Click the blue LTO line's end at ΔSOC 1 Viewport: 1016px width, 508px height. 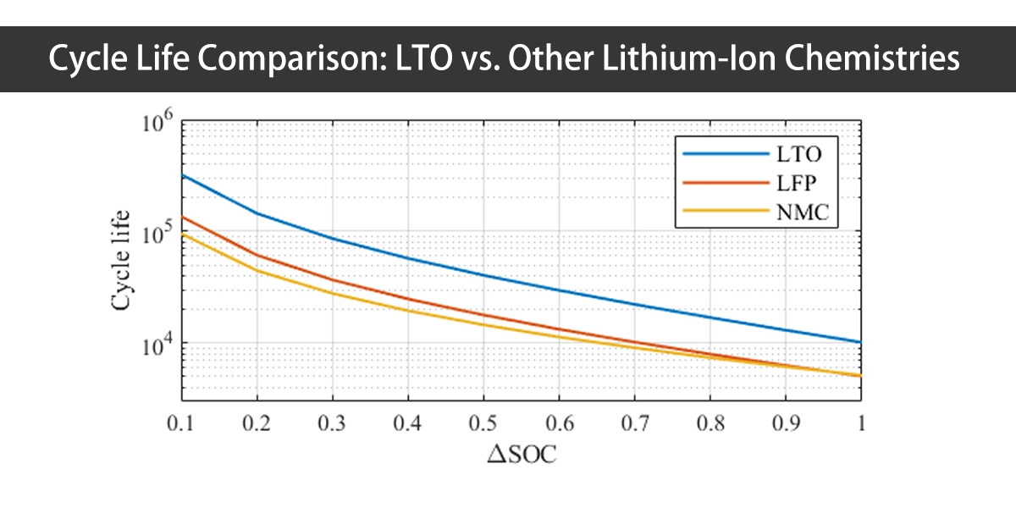pos(861,342)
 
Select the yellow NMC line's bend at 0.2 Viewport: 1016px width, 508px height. pos(257,270)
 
